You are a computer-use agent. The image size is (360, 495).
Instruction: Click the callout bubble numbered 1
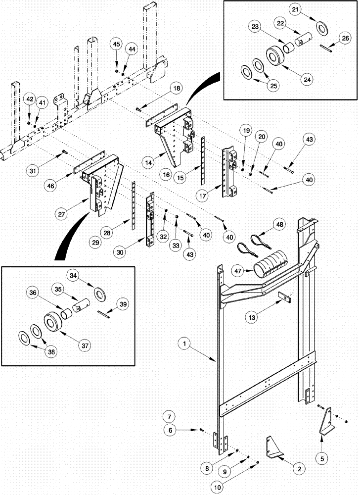pos(184,343)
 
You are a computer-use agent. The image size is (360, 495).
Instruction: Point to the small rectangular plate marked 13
pos(284,296)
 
